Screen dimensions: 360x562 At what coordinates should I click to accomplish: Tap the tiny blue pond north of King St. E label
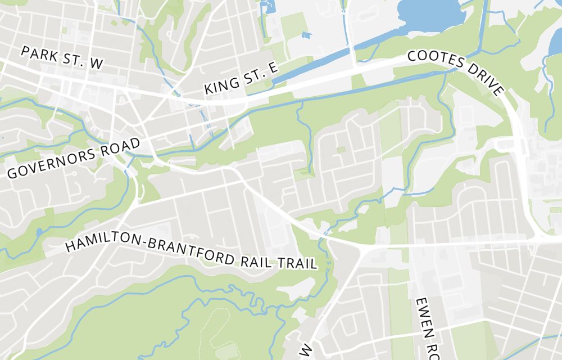point(306,35)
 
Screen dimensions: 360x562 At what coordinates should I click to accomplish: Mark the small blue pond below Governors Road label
point(39,232)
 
